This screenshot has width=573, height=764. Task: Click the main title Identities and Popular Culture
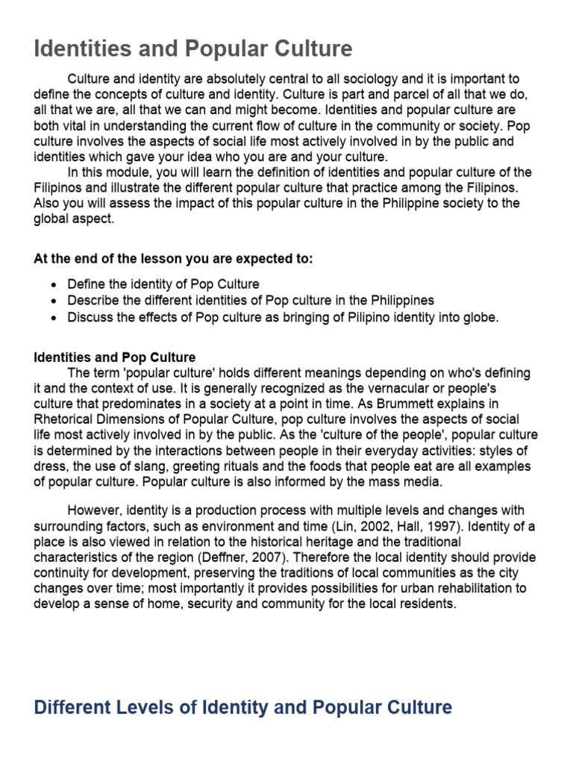[193, 49]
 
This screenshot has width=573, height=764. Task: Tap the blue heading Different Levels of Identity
[243, 707]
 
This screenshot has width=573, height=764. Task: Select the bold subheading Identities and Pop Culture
[115, 357]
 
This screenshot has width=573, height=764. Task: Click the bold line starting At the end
[173, 259]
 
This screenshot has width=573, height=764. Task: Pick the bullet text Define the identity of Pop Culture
[163, 284]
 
